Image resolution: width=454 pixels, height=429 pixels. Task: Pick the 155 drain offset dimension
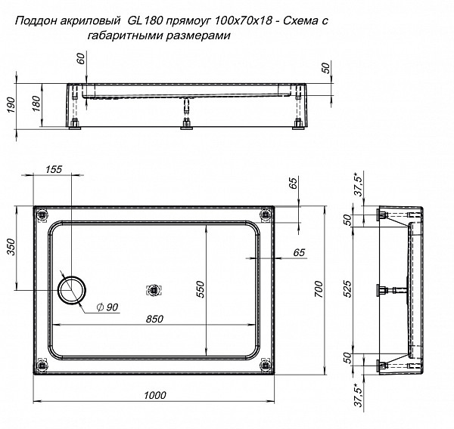tap(52, 170)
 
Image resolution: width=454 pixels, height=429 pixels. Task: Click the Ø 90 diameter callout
tap(107, 307)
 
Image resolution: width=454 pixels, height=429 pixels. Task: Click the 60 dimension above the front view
tap(81, 59)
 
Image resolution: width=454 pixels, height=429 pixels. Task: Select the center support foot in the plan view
tap(154, 289)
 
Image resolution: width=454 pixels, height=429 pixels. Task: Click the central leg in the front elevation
tap(184, 118)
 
